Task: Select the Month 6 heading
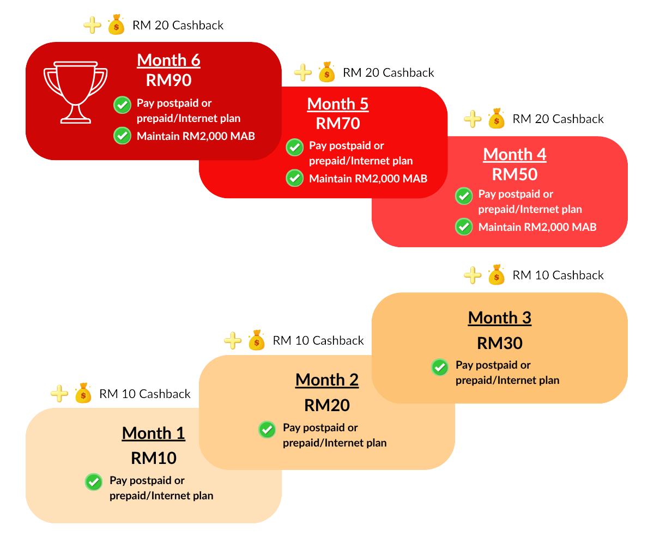tap(168, 60)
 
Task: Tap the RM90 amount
tap(168, 81)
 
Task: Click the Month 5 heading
tap(338, 104)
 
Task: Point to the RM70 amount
tap(338, 124)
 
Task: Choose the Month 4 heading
tap(514, 155)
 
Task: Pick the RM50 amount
tap(514, 174)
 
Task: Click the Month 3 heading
tap(499, 318)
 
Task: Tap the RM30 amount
tap(499, 343)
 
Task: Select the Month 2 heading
tap(327, 380)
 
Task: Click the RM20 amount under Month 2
tap(327, 406)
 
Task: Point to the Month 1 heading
tap(153, 433)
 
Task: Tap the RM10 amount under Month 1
tap(153, 458)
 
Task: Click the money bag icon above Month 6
tap(116, 26)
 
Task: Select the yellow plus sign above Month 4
tap(473, 119)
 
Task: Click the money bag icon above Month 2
tap(256, 341)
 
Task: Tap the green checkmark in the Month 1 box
tap(94, 482)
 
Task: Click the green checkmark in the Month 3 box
tap(440, 367)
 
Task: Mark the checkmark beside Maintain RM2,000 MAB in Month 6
tap(122, 136)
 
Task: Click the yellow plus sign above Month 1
tap(59, 394)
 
